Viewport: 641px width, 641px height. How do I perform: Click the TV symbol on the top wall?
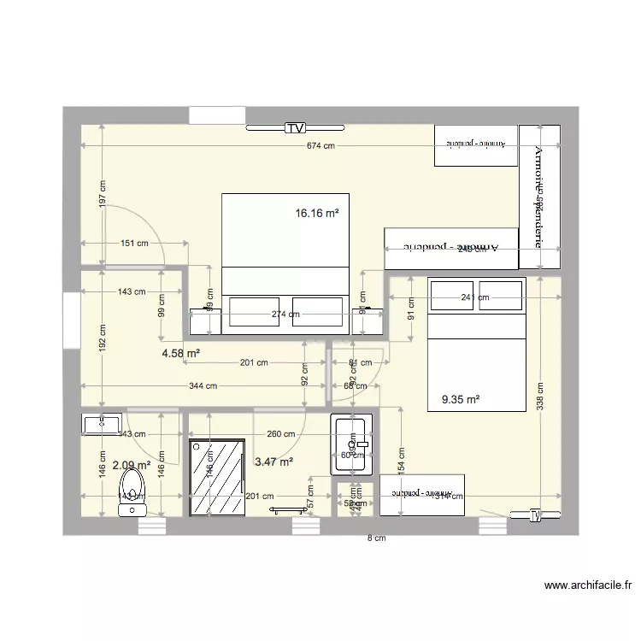(x=296, y=129)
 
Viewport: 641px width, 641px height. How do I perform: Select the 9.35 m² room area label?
(x=460, y=398)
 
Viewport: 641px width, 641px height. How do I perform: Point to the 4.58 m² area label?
(x=181, y=352)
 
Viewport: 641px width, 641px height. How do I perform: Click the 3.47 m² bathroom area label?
(x=273, y=462)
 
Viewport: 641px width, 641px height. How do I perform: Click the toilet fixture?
(x=132, y=495)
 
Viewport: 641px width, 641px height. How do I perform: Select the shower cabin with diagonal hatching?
(x=216, y=479)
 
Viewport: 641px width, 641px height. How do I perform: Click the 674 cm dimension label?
(x=320, y=146)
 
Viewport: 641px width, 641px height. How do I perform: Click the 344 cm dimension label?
(x=204, y=385)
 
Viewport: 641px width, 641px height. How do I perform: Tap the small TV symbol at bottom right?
(x=536, y=515)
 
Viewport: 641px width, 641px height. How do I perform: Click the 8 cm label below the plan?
(x=376, y=538)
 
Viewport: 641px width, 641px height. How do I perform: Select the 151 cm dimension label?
(x=133, y=243)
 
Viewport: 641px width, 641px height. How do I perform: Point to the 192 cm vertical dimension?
(x=103, y=339)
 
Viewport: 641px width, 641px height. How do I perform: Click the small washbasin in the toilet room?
(x=103, y=423)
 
